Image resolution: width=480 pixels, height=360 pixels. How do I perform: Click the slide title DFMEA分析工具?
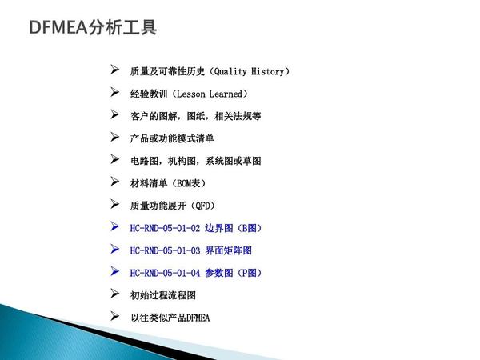click(92, 28)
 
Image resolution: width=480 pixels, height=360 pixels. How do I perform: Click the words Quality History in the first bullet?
click(249, 71)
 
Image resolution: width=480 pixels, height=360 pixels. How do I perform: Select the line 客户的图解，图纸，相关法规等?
click(195, 116)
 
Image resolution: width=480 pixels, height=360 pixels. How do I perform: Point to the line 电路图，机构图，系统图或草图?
click(195, 161)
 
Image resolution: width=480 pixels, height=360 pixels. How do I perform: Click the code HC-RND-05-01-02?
click(165, 228)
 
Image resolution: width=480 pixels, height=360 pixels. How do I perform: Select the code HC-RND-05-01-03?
click(165, 250)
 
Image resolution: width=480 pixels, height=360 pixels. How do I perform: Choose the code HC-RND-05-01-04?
click(165, 273)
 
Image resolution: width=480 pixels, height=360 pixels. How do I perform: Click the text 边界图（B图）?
click(233, 228)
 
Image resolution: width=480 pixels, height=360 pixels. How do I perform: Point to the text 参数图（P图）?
click(233, 273)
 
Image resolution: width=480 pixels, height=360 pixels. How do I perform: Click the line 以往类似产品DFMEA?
click(170, 318)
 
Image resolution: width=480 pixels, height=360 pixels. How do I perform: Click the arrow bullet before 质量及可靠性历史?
click(115, 70)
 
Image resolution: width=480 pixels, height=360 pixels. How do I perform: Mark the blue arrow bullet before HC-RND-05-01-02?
click(115, 227)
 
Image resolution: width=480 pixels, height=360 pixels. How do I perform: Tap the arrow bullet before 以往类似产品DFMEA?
click(115, 317)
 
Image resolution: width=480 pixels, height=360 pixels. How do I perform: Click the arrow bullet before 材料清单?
click(115, 182)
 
